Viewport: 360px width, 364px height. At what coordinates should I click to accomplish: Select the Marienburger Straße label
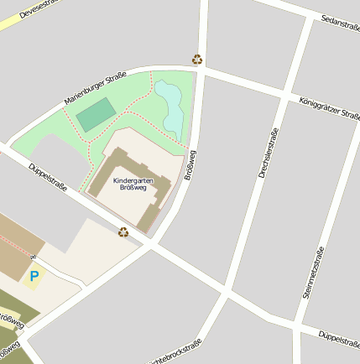(x=95, y=89)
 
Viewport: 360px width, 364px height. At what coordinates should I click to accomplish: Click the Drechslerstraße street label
(x=269, y=153)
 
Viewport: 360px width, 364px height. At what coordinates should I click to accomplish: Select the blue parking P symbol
(x=34, y=276)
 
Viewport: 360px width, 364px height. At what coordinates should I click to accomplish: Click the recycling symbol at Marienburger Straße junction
(x=197, y=60)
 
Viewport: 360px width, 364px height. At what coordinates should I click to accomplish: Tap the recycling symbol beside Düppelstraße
(x=123, y=232)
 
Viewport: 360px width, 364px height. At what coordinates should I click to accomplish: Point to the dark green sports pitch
(x=97, y=114)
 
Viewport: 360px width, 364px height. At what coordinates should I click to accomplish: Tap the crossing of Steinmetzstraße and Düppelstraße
(x=298, y=322)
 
